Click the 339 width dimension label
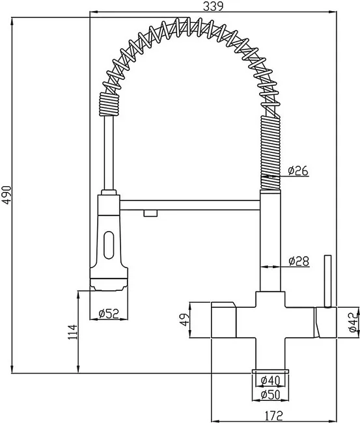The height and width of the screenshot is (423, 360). [x=213, y=7]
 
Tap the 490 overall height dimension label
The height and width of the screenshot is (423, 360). [x=7, y=195]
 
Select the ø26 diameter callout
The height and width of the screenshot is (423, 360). [x=298, y=171]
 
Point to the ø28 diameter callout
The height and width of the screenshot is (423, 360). [x=298, y=261]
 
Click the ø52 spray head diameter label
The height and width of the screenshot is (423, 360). [x=109, y=313]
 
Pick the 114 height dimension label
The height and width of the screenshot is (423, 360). [x=72, y=332]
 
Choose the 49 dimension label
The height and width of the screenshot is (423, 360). [x=185, y=320]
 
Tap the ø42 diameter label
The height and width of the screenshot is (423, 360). [x=353, y=322]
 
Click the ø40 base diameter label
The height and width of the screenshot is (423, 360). [x=271, y=381]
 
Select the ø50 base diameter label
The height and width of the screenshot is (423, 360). [x=271, y=394]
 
